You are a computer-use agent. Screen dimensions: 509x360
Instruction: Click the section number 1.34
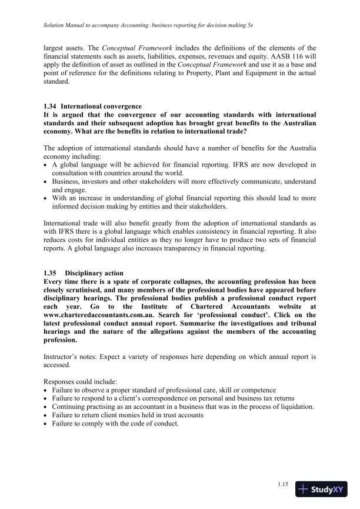coord(51,106)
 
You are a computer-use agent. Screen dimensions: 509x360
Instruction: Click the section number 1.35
coord(51,273)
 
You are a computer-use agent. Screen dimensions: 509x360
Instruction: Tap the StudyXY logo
coord(321,489)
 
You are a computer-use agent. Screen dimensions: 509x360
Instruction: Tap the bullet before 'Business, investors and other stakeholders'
coord(46,181)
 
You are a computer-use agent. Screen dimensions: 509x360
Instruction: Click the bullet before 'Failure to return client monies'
coord(46,415)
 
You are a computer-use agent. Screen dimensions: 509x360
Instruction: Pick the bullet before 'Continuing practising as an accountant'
coord(46,407)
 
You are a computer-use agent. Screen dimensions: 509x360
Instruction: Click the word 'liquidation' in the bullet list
coord(296,407)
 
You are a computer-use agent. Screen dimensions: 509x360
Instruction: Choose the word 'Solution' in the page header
coord(56,27)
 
